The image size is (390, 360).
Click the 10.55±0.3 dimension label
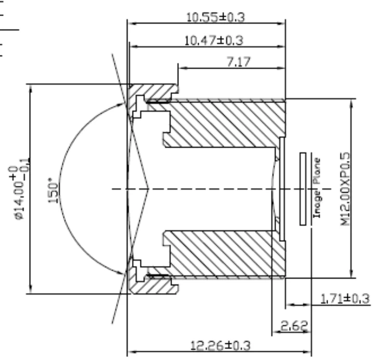[215, 17]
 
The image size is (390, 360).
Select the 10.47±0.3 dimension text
[214, 41]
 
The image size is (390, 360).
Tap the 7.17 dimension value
[239, 62]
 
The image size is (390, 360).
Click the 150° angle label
[53, 190]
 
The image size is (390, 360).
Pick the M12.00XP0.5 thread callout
[345, 189]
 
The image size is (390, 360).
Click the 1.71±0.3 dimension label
[345, 298]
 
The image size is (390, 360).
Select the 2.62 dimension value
[294, 326]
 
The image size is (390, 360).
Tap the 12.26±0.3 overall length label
[220, 345]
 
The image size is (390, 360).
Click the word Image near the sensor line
[317, 204]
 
